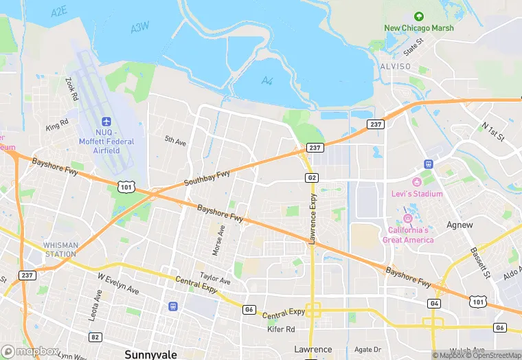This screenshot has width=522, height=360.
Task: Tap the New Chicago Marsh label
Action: click(x=418, y=28)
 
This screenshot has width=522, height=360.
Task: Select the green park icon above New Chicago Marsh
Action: click(x=418, y=16)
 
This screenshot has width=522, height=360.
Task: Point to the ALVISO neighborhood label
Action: click(x=395, y=67)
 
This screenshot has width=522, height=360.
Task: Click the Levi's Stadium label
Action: click(x=418, y=194)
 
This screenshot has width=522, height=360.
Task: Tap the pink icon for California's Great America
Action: click(x=407, y=218)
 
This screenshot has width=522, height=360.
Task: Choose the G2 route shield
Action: click(x=311, y=177)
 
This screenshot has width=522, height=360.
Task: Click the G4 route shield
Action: click(x=434, y=303)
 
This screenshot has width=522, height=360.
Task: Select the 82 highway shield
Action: click(x=95, y=337)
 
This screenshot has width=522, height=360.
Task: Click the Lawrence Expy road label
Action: click(x=313, y=219)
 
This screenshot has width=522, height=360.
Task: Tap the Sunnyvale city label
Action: click(x=150, y=355)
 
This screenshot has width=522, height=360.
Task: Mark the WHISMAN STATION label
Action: click(x=60, y=249)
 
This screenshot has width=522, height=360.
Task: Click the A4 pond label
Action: click(x=267, y=80)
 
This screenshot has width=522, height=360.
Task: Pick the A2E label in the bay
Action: click(x=60, y=12)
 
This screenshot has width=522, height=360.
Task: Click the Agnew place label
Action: click(x=459, y=225)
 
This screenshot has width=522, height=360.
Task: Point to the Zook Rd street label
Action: click(x=70, y=89)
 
